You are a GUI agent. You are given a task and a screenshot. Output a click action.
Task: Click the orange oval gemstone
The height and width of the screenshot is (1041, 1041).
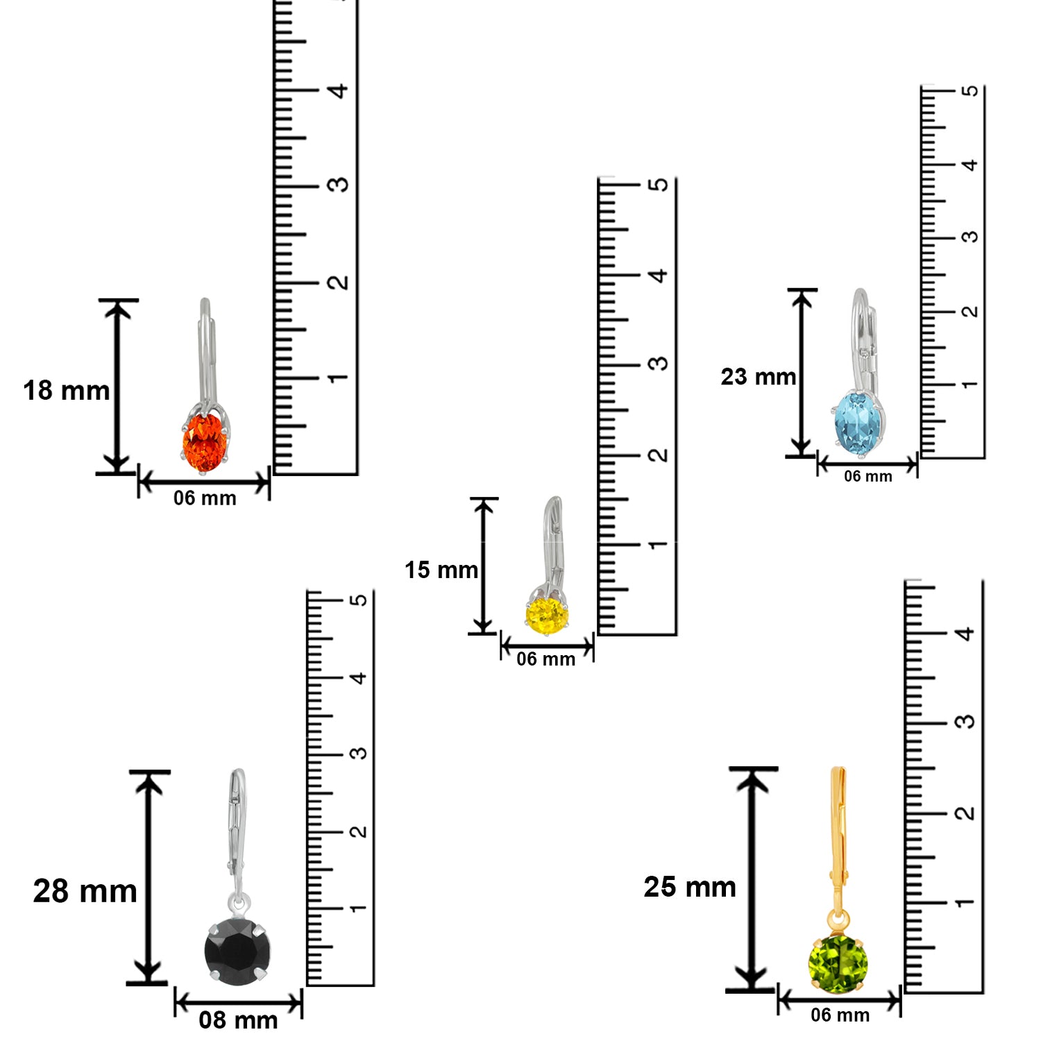pos(205,441)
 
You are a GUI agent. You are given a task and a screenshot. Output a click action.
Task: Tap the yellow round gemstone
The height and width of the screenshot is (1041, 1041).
pos(547,614)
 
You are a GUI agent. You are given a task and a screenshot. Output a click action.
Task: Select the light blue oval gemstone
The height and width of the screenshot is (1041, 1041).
pos(858,421)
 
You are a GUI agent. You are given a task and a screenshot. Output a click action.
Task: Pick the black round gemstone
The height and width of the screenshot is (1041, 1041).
pos(237,949)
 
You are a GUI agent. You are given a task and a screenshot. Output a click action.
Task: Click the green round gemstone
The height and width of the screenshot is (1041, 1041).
pos(838,964)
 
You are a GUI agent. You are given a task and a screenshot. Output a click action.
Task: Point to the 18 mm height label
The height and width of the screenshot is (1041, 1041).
pos(66,391)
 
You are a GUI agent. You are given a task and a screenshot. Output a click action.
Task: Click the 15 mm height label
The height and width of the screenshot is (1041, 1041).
pos(441,570)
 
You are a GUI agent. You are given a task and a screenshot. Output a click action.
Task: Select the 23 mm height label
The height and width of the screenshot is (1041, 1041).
pos(758,377)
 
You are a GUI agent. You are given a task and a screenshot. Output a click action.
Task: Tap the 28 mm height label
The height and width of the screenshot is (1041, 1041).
pos(85,891)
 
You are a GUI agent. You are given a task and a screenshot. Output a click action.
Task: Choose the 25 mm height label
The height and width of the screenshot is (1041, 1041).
pos(690,887)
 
